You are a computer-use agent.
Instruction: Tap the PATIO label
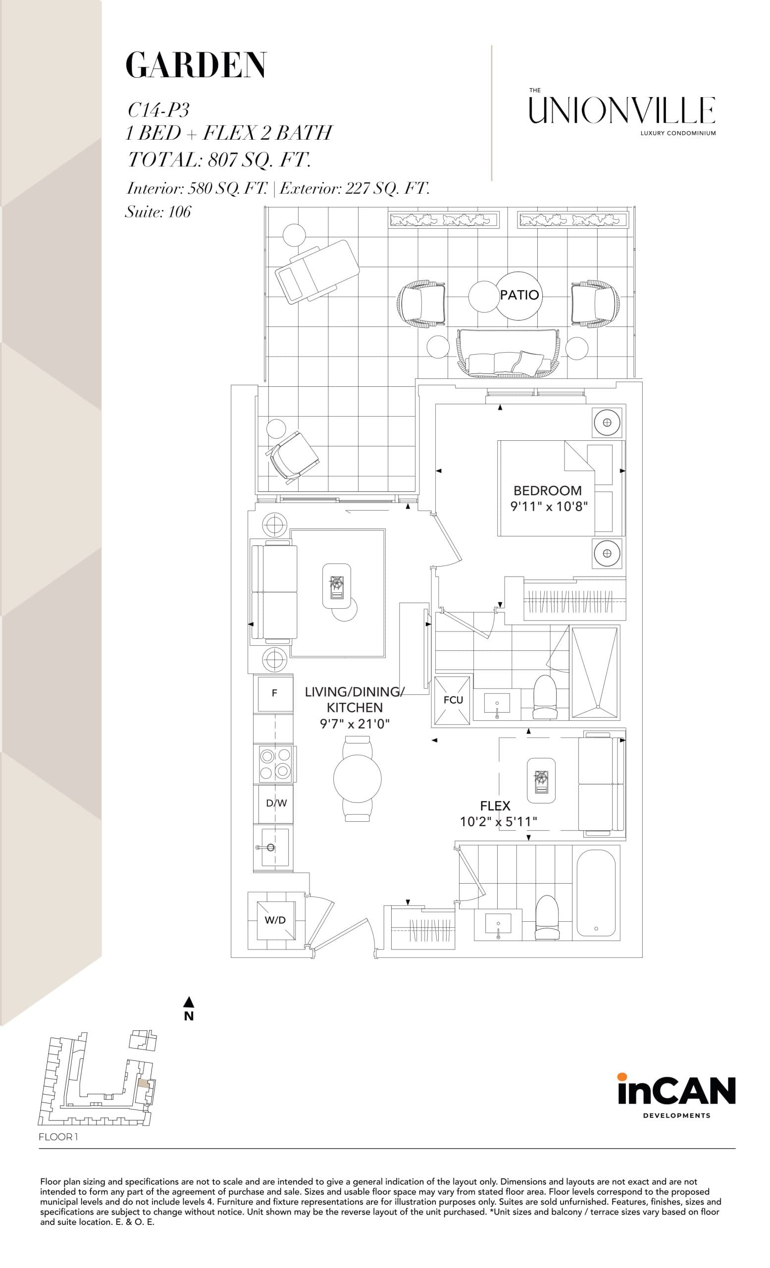tap(519, 295)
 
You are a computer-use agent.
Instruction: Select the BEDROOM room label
tap(547, 490)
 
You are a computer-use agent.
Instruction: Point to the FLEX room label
tap(495, 806)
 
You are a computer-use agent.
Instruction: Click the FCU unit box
tap(453, 699)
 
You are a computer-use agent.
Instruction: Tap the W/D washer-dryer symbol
tap(275, 920)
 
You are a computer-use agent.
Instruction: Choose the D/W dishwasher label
tap(276, 803)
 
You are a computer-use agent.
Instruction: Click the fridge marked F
tap(274, 693)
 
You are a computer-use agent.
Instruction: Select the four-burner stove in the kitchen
tap(275, 764)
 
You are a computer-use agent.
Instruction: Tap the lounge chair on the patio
tap(316, 270)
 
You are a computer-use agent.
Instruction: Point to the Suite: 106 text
tap(158, 211)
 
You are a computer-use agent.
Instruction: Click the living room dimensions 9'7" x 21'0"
tap(355, 724)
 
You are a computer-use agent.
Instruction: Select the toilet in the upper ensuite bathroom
tap(545, 696)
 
